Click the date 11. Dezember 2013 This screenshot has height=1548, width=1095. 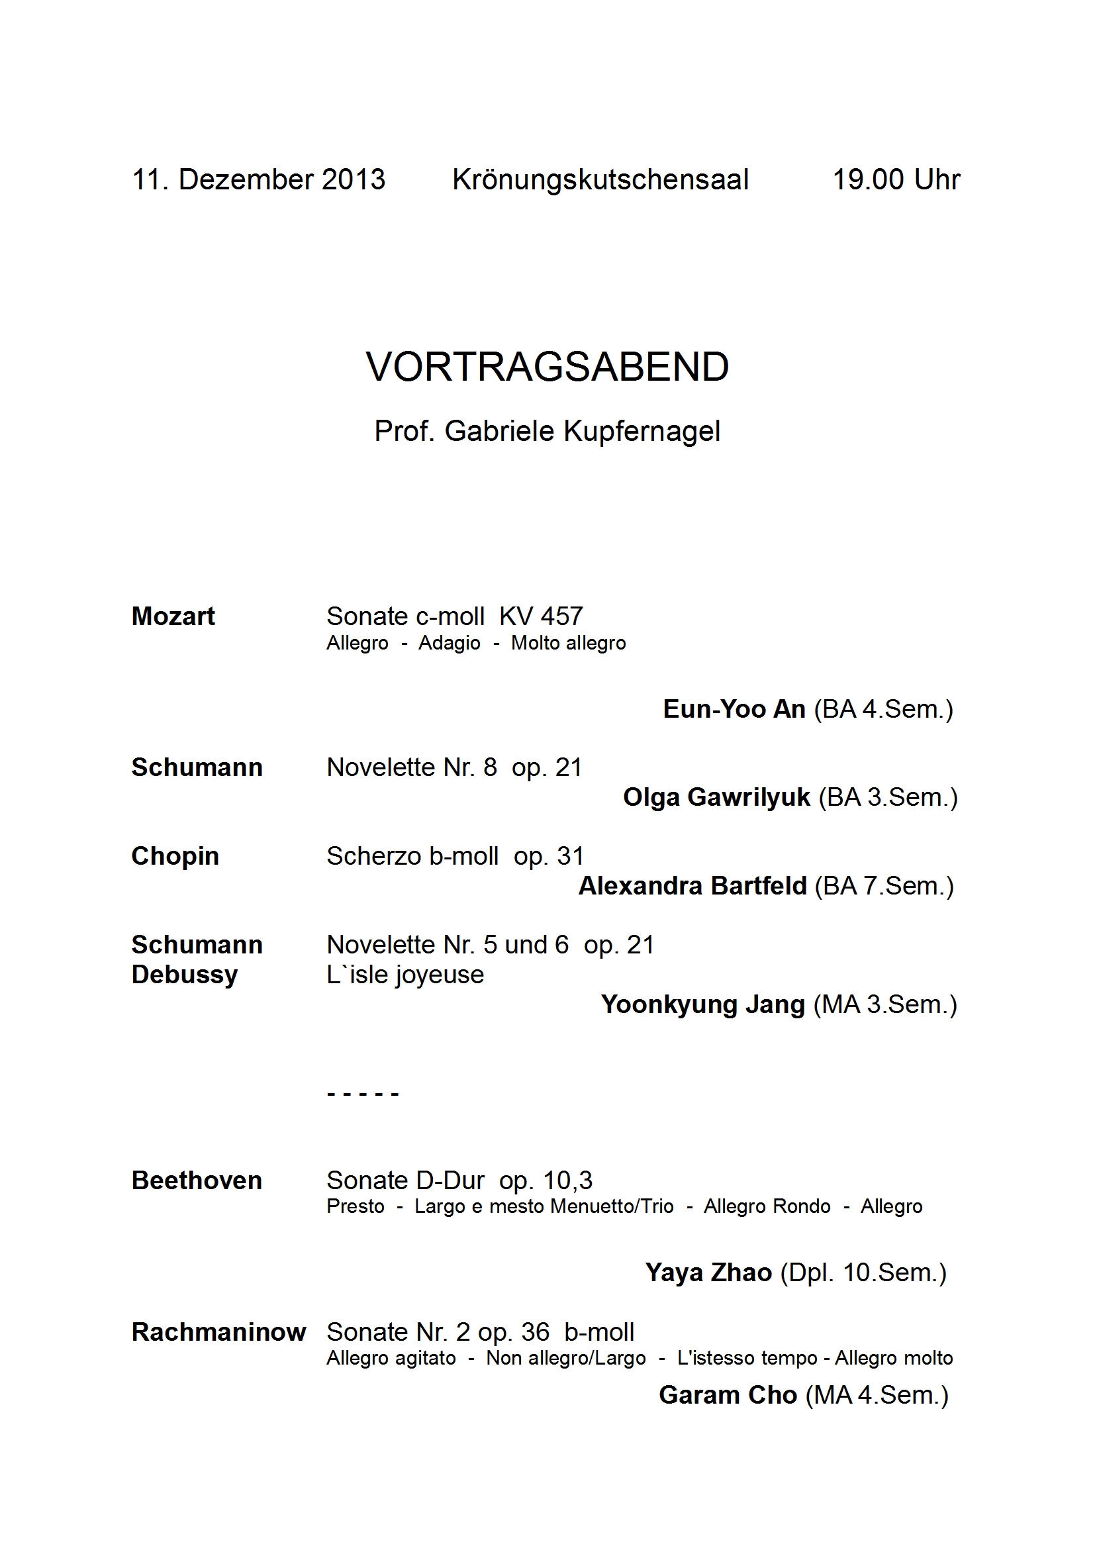point(258,180)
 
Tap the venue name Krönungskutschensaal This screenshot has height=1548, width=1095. point(600,180)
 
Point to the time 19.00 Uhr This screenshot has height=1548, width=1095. point(896,180)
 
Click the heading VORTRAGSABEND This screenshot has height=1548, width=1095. point(547,367)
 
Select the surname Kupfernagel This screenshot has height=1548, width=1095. point(642,432)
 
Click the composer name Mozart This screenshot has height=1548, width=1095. point(173,616)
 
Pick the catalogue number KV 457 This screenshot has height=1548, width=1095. point(541,616)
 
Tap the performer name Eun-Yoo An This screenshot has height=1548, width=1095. point(734,709)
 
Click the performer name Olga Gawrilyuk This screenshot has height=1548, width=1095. point(716,798)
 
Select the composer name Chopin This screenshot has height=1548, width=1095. point(175,856)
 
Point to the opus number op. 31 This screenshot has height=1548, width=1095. point(548,856)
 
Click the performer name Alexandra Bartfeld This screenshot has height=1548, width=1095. point(692,886)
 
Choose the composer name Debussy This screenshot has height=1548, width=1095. point(185,975)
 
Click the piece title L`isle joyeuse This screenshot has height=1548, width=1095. point(405,975)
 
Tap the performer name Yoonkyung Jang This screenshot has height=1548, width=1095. point(702,1004)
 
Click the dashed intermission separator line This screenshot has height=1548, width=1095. point(363,1094)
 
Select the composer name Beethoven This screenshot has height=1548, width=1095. point(197,1181)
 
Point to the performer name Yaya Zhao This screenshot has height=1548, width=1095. point(708,1273)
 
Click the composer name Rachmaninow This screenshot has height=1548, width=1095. point(218,1332)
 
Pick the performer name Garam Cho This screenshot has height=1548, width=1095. point(728,1395)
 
